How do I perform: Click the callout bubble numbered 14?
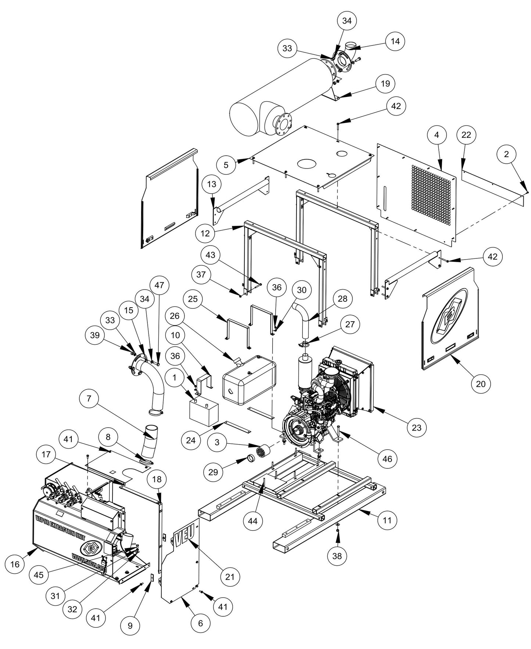(x=395, y=41)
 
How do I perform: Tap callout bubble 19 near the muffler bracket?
(x=385, y=84)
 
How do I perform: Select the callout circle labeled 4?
(x=436, y=135)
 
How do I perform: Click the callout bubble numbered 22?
(x=466, y=135)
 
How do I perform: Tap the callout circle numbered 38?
(x=337, y=556)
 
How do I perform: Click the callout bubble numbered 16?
(x=15, y=564)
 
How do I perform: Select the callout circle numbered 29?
(x=213, y=472)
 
